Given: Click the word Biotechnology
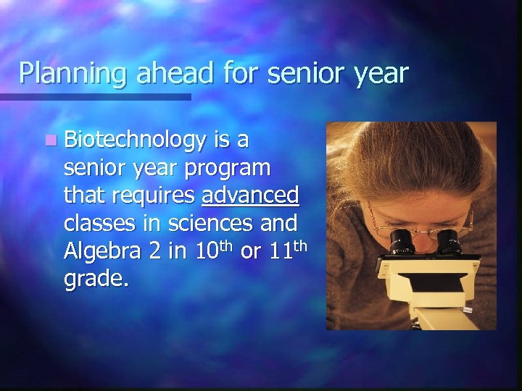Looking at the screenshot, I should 135,140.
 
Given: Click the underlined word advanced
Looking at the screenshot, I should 250,195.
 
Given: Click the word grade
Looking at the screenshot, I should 96,278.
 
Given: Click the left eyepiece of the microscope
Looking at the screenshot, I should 402,241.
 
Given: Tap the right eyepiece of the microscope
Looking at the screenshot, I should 447,241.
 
